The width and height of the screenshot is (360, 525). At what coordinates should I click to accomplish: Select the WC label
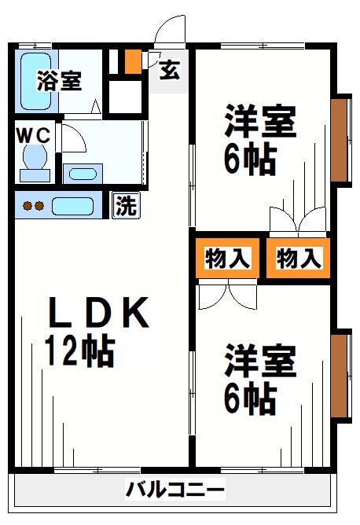point(33,134)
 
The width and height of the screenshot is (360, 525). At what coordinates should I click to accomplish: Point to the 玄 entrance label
point(169,71)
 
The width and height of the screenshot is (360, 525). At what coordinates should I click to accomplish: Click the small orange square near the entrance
point(133,61)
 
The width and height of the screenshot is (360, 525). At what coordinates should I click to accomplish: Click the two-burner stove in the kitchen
point(33,207)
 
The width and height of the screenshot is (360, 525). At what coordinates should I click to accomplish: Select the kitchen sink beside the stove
point(72,207)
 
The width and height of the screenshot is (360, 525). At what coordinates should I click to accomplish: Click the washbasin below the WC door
point(80,173)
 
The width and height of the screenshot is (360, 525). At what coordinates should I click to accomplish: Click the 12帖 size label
point(79,351)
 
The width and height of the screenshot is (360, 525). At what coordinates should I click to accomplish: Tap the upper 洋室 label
point(260,123)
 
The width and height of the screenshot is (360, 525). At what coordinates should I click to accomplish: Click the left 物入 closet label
point(228,259)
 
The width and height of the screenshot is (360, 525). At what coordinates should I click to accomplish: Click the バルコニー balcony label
point(174,491)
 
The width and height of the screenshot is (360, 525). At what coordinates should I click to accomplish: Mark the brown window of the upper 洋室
point(340,140)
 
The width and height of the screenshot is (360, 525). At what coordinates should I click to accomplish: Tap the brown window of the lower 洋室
point(340,374)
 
